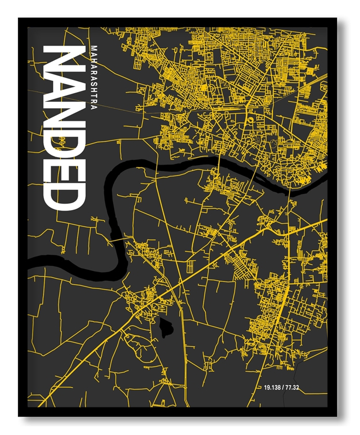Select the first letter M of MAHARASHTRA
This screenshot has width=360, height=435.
click(94, 47)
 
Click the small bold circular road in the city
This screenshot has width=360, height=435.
click(251, 121)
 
